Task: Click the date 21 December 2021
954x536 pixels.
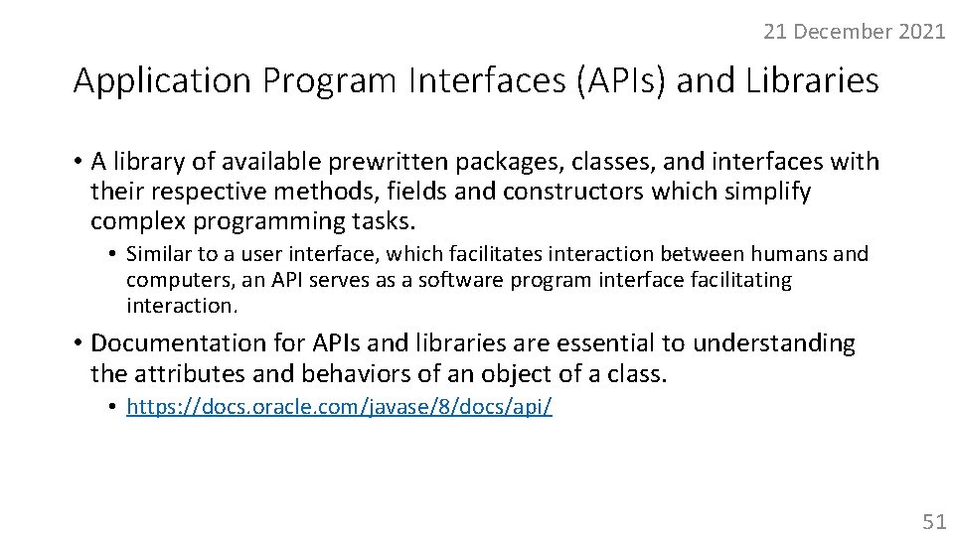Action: [854, 32]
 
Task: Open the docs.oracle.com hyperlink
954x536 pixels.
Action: [339, 407]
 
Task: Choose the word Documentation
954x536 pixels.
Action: [175, 343]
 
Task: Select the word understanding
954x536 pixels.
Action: [773, 343]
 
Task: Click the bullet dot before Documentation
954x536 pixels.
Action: [78, 343]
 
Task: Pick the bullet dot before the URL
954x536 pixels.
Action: [114, 407]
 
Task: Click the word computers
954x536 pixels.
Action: [175, 280]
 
